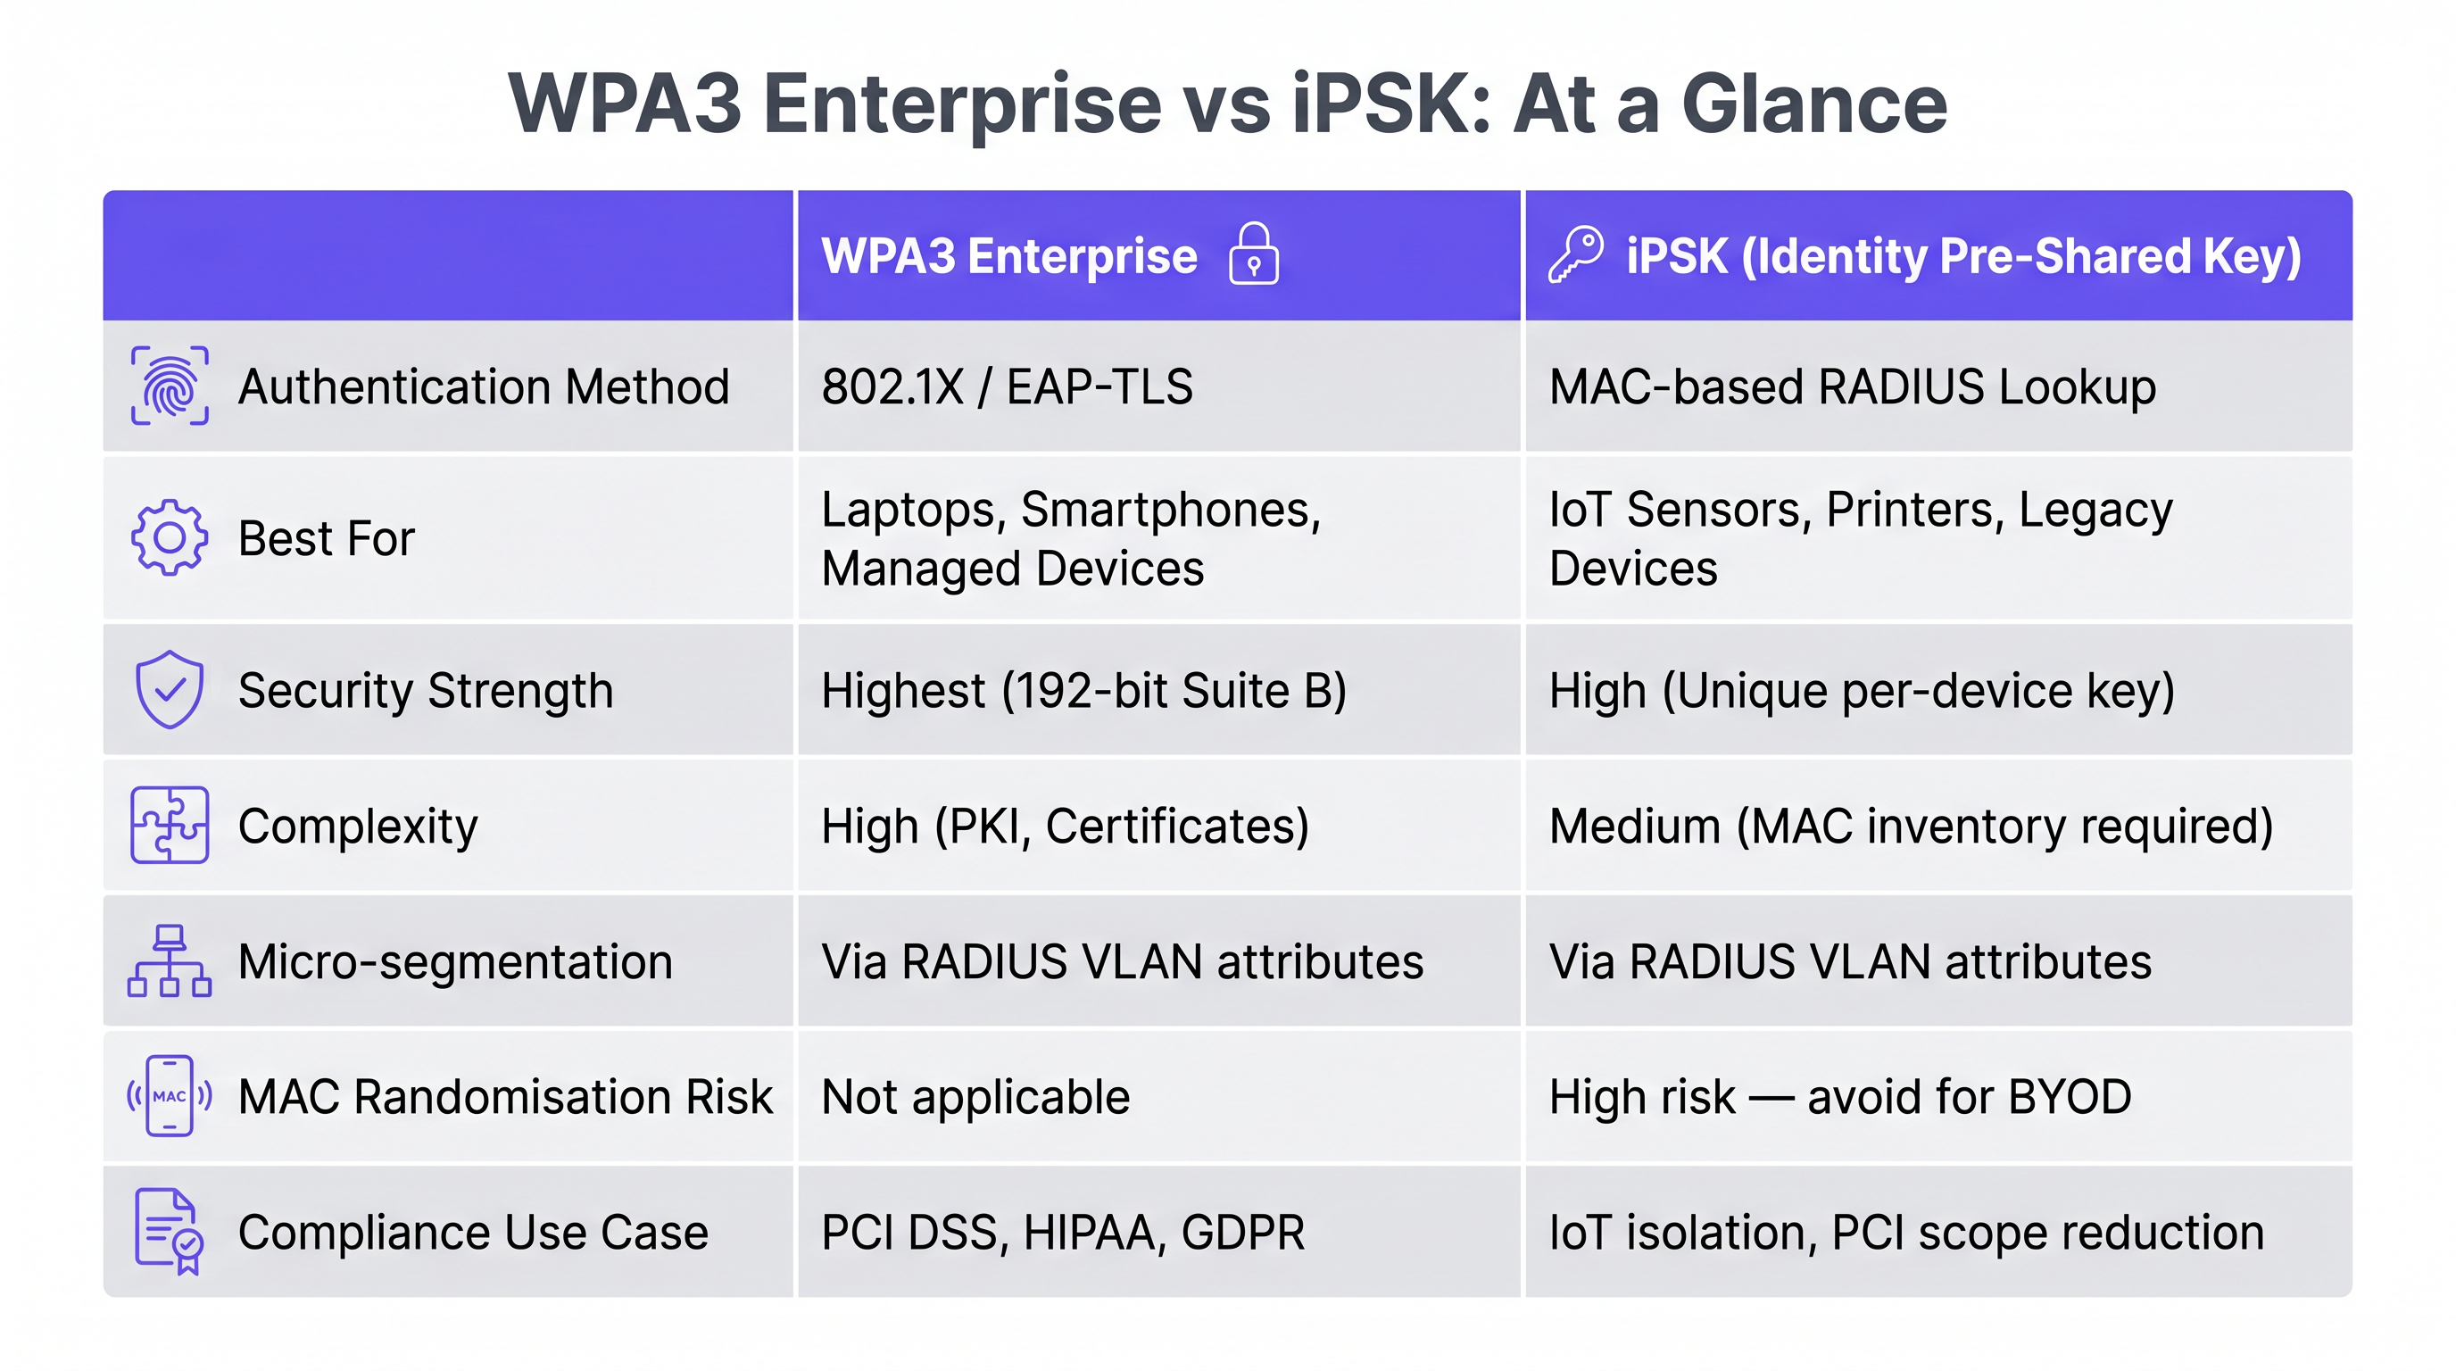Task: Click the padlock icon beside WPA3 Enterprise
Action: [x=1253, y=254]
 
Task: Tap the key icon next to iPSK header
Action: [x=1575, y=254]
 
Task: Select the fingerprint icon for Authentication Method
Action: [x=170, y=386]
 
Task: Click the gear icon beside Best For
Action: [x=170, y=537]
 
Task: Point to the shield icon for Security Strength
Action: [x=170, y=689]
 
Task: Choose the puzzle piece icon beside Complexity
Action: [x=170, y=825]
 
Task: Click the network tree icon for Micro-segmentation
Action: [x=170, y=961]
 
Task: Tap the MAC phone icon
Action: [x=170, y=1096]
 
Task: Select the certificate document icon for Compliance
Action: [x=170, y=1231]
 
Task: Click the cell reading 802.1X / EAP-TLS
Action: [x=1007, y=387]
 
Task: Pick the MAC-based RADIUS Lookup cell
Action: [x=1852, y=387]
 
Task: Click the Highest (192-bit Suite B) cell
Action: [x=1084, y=690]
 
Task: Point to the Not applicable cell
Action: [x=975, y=1096]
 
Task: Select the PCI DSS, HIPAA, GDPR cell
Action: [x=1062, y=1232]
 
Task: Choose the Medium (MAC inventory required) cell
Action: [x=1911, y=826]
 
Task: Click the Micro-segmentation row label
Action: [x=455, y=961]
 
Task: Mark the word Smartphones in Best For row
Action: [x=1171, y=509]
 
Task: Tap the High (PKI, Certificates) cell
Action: [x=1065, y=826]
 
